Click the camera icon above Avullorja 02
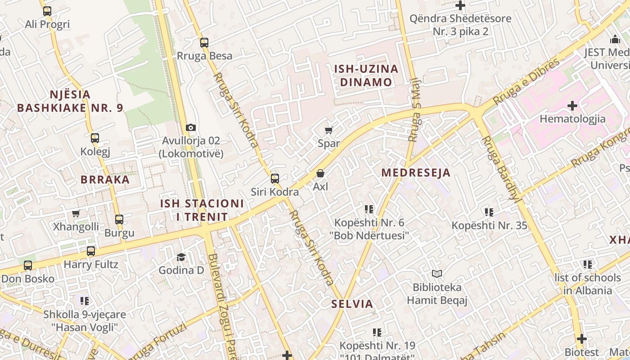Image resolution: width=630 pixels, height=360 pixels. point(191,128)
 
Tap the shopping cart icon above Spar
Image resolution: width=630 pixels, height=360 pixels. point(329,130)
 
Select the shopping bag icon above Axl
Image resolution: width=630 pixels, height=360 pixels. point(320,173)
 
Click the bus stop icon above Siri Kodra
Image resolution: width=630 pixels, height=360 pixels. point(275,179)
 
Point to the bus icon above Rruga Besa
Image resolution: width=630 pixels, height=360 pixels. point(204,43)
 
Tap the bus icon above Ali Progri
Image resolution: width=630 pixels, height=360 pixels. point(47,11)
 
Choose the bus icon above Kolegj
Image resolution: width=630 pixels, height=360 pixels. point(95,138)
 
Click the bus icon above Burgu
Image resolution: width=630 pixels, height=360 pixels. point(119,220)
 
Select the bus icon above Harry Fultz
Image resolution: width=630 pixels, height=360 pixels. point(91,251)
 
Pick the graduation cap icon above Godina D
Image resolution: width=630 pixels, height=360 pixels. point(181,257)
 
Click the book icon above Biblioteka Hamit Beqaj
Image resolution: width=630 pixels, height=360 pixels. point(437,274)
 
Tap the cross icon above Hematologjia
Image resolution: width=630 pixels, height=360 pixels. point(572,106)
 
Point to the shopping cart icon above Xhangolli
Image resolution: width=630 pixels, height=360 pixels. point(76,213)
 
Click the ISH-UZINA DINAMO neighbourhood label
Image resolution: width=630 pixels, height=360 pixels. point(366,76)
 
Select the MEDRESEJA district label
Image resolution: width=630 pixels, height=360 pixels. point(416,173)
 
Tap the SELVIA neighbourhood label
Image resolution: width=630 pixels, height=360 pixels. point(352,304)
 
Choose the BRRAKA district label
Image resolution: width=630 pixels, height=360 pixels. point(105,180)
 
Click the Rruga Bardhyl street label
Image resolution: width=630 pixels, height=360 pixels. point(500,168)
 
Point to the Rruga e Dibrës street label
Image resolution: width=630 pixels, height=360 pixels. point(526,81)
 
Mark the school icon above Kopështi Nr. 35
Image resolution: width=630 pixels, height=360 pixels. point(489,212)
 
